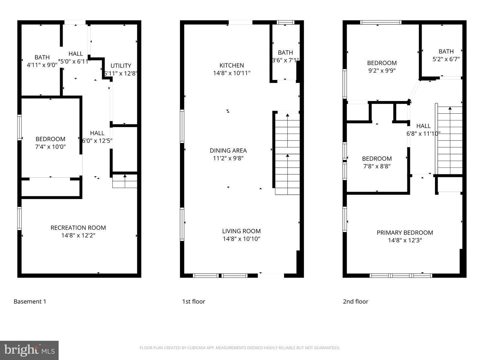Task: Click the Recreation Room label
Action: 78,228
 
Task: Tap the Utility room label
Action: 121,66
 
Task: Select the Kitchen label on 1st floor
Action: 232,65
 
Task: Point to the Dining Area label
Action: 228,150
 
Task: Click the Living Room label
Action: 241,231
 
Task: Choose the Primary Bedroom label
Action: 405,233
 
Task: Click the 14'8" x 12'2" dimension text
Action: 78,236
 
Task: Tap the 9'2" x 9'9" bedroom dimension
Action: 382,71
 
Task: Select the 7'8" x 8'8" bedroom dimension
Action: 377,166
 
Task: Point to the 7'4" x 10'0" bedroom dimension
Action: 50,147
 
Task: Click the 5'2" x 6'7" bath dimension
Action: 446,59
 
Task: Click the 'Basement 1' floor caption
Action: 30,302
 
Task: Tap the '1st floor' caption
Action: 193,302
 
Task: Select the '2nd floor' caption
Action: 355,302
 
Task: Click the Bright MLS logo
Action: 29,350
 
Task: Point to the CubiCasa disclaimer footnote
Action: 240,348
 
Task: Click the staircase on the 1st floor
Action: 287,153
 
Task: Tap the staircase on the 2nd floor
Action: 450,140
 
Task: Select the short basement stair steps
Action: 125,182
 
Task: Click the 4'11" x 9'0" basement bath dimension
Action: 42,65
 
